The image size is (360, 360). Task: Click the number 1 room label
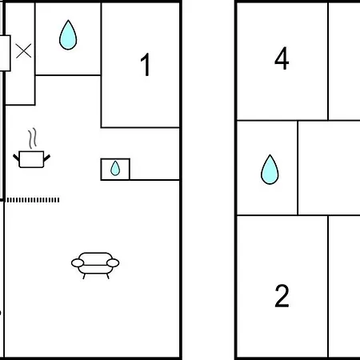pos(146,65)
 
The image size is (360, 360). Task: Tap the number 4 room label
pos(282,58)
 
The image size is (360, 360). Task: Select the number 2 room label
pos(282,296)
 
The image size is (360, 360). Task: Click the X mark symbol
pos(23,51)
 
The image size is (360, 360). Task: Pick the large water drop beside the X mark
pos(68,35)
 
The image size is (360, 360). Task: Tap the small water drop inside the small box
pos(115,168)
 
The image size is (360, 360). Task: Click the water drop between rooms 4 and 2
pos(270,170)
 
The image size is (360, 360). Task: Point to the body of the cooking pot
pos(31,159)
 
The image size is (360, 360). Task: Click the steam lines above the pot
pos(33,138)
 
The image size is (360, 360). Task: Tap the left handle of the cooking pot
pos(16,158)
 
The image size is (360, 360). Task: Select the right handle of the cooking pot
pos(47,158)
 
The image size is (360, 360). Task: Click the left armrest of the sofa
pos(78,263)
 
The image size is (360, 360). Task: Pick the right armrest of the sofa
pos(113,263)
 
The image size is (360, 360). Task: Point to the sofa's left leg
pos(84,276)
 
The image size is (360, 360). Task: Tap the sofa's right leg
pos(108,276)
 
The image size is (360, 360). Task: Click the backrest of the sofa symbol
pos(95,255)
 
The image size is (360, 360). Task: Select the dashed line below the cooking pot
pos(33,200)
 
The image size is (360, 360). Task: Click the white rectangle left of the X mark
pos(5,53)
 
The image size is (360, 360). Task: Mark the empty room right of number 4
pos(344,62)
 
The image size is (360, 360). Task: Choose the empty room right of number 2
pos(344,286)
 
